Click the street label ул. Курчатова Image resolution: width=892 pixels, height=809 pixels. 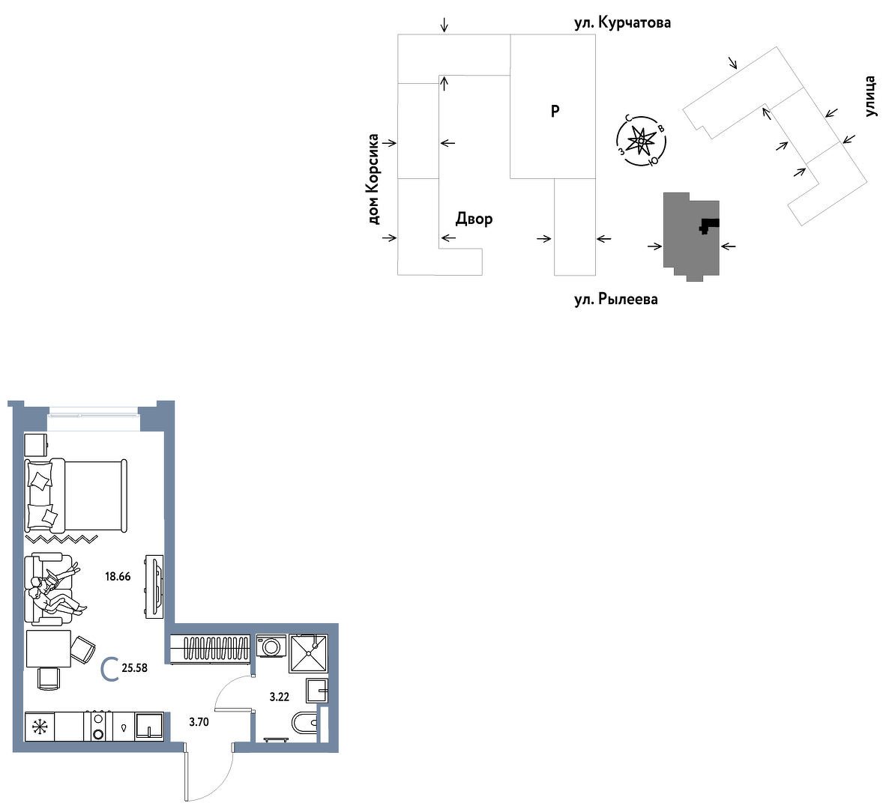(x=622, y=22)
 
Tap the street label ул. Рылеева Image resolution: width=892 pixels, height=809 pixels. (x=616, y=299)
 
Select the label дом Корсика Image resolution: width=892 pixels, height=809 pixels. (x=373, y=179)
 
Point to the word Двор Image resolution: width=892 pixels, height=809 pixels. (x=474, y=219)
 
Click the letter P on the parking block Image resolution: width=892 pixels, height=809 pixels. (x=555, y=111)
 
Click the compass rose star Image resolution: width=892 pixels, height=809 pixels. (x=641, y=140)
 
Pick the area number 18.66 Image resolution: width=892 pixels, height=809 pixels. (x=118, y=577)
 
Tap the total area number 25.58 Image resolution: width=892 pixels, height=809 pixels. (x=134, y=668)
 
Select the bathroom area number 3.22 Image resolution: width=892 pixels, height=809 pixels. (x=280, y=697)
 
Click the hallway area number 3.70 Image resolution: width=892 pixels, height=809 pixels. (x=199, y=722)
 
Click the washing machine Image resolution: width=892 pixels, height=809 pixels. (x=271, y=646)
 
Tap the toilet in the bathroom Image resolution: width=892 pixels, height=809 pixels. (x=304, y=723)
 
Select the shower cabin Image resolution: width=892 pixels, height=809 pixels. (x=308, y=653)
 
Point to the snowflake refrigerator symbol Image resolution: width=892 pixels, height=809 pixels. (x=40, y=727)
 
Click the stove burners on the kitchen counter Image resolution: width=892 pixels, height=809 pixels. (x=98, y=727)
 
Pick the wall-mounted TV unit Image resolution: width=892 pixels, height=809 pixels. (x=154, y=587)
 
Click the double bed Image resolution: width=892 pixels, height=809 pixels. (x=76, y=496)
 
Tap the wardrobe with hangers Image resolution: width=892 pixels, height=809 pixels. (x=211, y=648)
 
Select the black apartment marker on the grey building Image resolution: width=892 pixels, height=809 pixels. (x=709, y=225)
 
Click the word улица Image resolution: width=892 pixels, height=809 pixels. (x=870, y=96)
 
